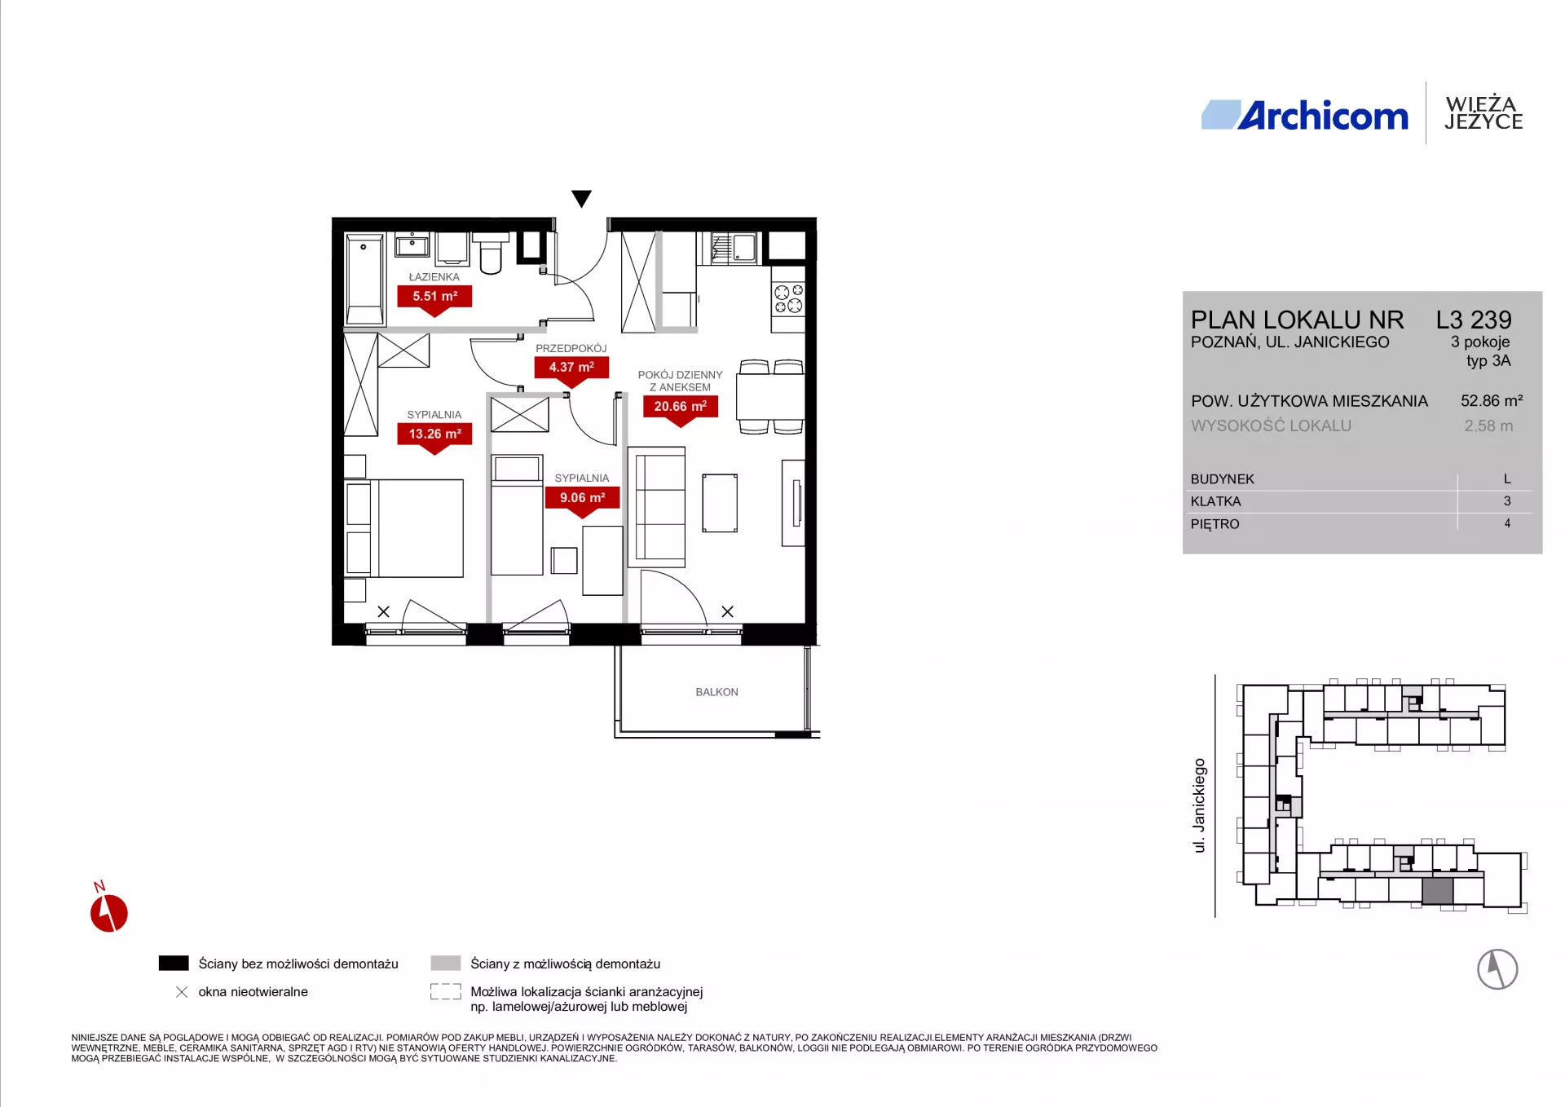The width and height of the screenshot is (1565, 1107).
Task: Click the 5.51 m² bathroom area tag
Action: point(434,297)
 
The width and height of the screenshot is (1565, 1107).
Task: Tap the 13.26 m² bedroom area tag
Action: point(434,434)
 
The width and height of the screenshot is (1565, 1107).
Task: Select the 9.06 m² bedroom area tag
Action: point(582,498)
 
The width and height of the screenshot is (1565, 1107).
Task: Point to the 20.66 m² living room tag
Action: point(681,407)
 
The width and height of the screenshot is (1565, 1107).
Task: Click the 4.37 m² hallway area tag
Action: point(571,368)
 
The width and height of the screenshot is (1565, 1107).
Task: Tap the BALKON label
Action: point(716,692)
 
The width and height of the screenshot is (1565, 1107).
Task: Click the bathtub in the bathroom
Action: point(364,280)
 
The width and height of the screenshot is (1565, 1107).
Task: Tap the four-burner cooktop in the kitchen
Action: point(788,299)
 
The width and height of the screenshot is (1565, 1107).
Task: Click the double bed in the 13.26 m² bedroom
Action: point(404,528)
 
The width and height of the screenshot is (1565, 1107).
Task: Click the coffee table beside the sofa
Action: point(720,503)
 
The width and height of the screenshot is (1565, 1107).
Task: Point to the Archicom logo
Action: point(1305,116)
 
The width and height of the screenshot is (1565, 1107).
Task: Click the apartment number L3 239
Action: point(1474,320)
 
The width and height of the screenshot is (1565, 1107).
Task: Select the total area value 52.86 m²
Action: point(1492,401)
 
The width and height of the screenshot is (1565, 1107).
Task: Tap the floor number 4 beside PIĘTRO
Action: point(1507,524)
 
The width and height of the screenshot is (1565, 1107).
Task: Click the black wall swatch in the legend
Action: point(174,964)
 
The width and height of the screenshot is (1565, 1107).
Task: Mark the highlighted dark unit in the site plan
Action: point(1438,891)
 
